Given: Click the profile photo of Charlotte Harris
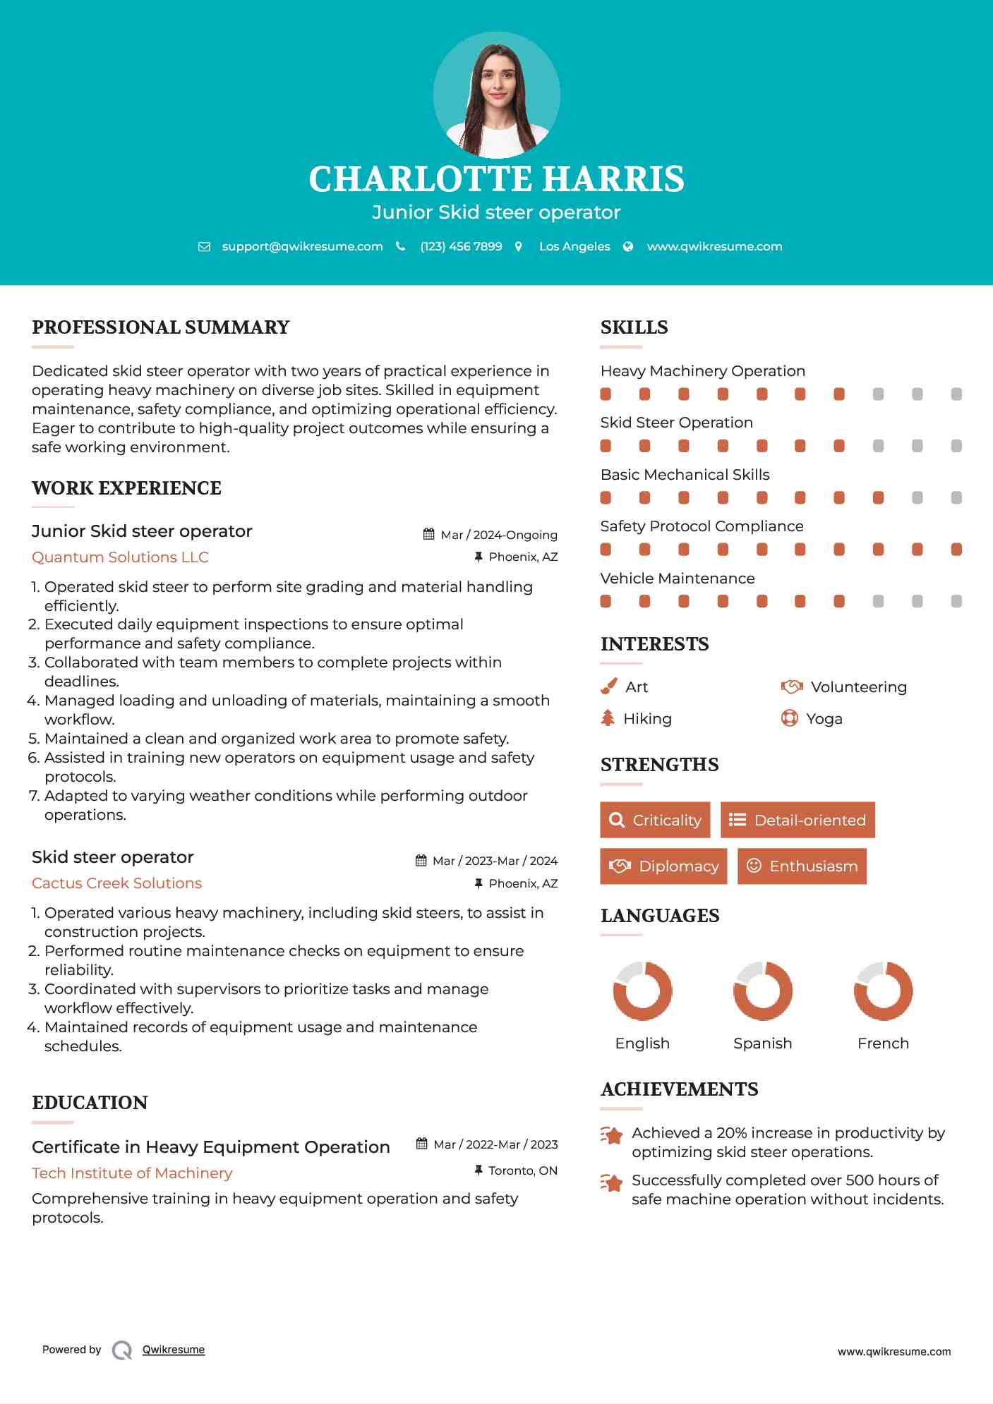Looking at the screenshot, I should [496, 95].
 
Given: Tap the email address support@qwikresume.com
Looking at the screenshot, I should [302, 246].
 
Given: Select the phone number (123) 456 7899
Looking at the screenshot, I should [461, 246].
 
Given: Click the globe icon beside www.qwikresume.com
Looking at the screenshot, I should [628, 246].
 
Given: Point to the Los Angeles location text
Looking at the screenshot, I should [574, 246].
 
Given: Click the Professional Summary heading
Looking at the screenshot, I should [161, 327].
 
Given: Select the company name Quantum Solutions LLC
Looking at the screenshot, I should [120, 557].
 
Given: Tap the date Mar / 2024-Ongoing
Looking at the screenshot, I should [498, 535].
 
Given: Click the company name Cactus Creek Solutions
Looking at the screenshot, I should [116, 883].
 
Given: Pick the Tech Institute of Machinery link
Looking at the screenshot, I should [132, 1173].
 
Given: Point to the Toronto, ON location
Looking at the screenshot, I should [522, 1170].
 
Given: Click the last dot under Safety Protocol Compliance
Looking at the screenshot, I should [956, 550].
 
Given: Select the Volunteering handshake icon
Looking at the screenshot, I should [792, 686].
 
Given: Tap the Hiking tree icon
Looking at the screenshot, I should [608, 718].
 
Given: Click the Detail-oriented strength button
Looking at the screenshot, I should [798, 820].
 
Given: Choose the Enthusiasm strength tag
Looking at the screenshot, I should [802, 866].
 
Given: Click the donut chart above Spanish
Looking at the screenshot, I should [762, 991].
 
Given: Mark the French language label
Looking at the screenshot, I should [883, 1043].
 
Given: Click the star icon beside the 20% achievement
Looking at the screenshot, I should [612, 1135].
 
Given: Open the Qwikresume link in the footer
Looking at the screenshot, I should [174, 1350].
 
